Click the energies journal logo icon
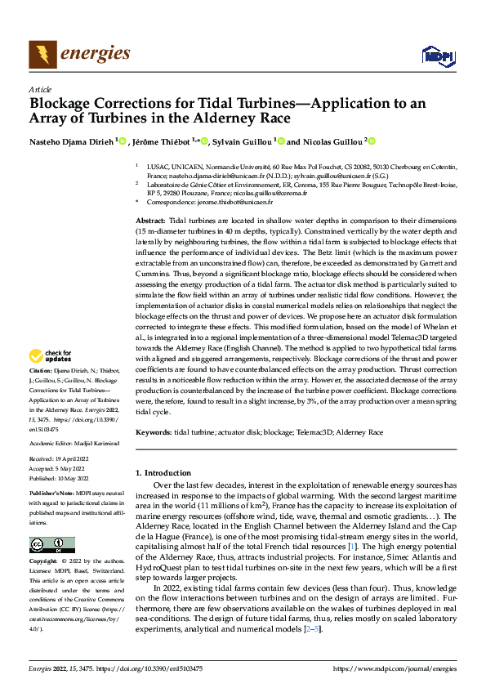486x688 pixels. (x=38, y=54)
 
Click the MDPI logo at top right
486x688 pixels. (x=436, y=56)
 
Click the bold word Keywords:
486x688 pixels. (x=154, y=431)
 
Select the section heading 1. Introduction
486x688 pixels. (x=161, y=472)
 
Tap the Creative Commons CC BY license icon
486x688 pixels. (x=51, y=545)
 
